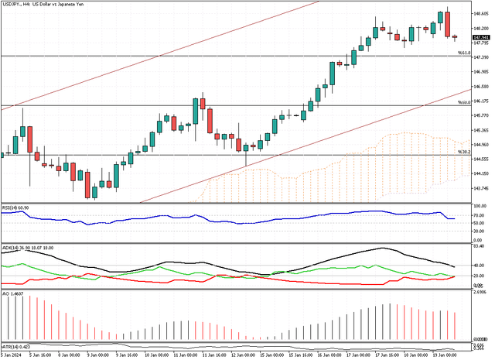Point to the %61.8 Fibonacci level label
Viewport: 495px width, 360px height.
click(x=463, y=53)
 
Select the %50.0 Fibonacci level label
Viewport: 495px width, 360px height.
click(x=463, y=102)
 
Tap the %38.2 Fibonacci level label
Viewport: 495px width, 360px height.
click(x=463, y=152)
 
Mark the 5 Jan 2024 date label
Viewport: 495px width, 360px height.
click(x=12, y=355)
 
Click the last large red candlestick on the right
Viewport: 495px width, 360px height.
click(x=448, y=23)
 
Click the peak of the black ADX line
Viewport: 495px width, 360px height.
click(x=381, y=249)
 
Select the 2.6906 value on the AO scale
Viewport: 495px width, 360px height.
click(x=480, y=293)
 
